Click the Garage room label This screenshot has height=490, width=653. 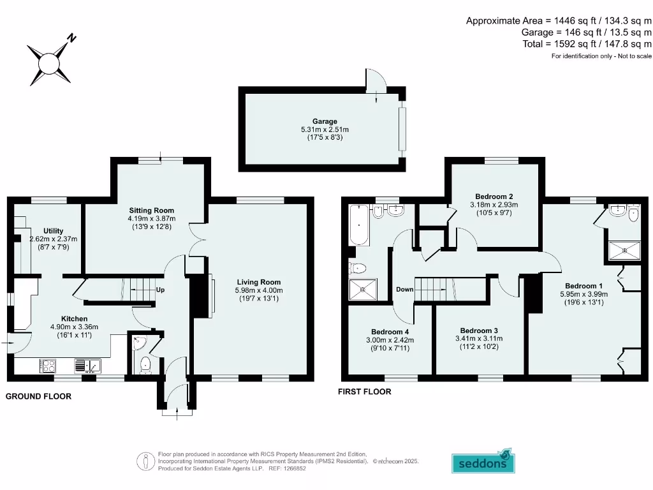click(325, 121)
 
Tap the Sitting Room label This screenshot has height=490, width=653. click(151, 210)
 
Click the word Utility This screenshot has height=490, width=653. click(54, 231)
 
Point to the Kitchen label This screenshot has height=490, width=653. click(74, 318)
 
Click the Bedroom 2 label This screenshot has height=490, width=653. click(494, 197)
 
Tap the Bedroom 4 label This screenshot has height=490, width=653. click(390, 332)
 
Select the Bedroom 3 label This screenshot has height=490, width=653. click(479, 330)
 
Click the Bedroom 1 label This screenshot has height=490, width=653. click(583, 286)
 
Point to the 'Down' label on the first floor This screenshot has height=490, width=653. click(404, 290)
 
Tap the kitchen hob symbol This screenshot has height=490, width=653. click(49, 366)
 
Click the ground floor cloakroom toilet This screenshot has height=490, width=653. click(145, 364)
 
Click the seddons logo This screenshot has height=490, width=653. click(483, 461)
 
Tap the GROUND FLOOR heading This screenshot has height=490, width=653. click(38, 396)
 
